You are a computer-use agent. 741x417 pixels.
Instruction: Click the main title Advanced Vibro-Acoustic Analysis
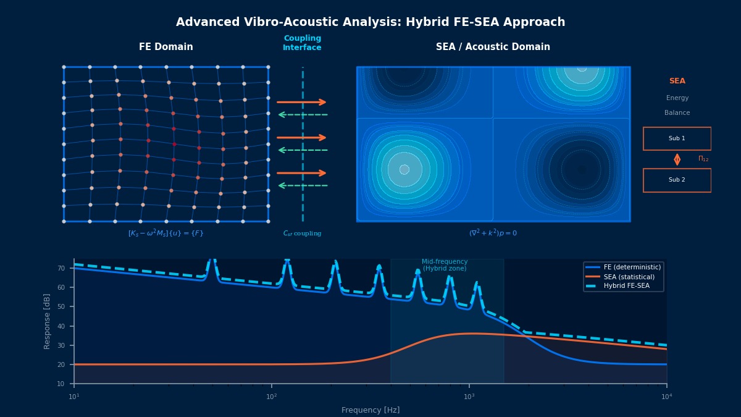click(371, 22)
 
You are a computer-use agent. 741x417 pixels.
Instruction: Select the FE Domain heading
click(165, 47)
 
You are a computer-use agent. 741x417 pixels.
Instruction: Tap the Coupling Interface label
click(302, 43)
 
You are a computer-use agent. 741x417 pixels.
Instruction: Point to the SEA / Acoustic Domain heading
click(493, 47)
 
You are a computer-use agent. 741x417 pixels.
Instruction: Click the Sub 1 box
click(677, 138)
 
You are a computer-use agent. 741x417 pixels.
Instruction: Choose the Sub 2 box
click(677, 180)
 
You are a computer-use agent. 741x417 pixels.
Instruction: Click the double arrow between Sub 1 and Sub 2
click(677, 159)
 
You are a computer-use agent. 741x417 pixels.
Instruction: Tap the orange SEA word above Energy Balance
click(677, 81)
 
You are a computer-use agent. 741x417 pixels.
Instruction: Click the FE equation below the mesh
click(165, 234)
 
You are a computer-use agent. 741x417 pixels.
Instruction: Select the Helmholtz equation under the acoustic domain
click(493, 234)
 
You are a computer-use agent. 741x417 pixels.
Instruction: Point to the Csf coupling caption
click(302, 234)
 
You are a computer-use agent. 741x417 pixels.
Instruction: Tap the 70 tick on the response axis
click(61, 268)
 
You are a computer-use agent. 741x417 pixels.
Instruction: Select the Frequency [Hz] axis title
click(371, 410)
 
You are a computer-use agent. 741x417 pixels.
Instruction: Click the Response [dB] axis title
click(47, 321)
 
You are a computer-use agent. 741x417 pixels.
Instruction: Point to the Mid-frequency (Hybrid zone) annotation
click(445, 265)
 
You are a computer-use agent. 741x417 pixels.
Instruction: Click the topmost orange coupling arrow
click(301, 102)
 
